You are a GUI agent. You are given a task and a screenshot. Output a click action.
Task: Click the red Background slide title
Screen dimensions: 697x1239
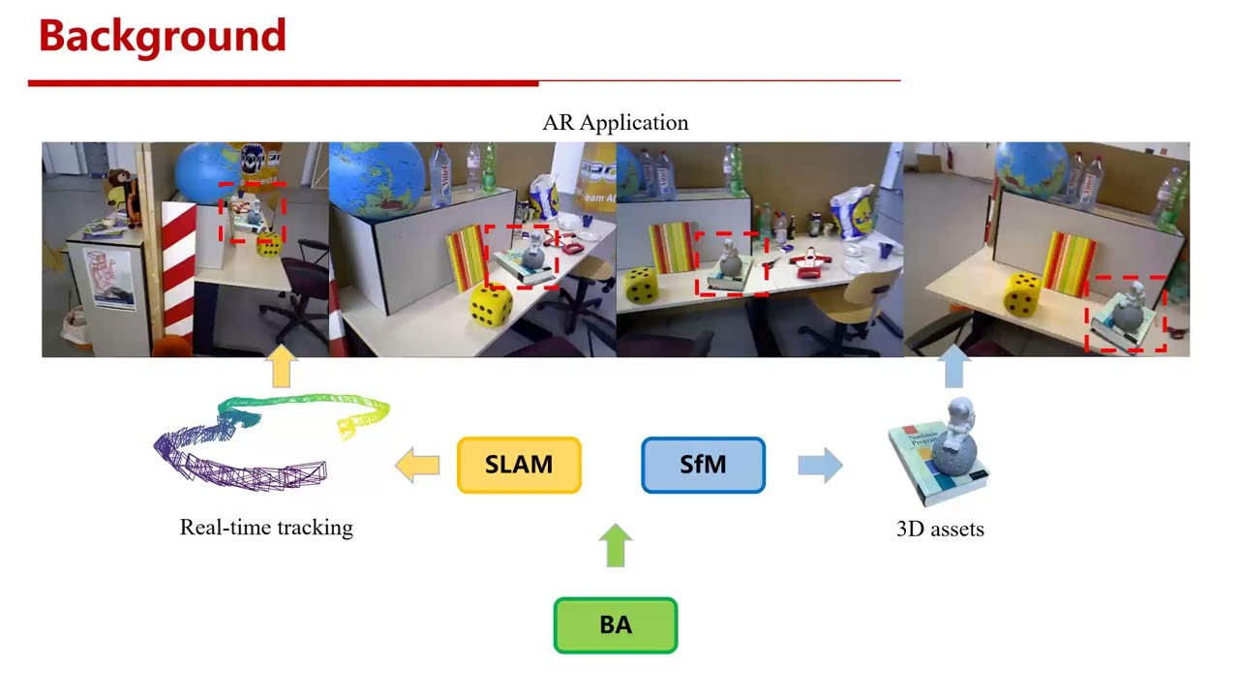(x=162, y=37)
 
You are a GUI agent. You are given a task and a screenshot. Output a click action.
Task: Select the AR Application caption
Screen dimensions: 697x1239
(x=616, y=123)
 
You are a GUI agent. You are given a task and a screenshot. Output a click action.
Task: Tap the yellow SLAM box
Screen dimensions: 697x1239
(x=519, y=465)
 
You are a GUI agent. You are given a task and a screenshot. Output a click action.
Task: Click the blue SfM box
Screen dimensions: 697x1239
(x=703, y=465)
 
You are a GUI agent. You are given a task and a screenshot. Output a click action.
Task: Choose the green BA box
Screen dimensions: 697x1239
(x=616, y=625)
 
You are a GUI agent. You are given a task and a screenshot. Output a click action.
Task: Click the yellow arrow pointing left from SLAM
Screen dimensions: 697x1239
(x=417, y=465)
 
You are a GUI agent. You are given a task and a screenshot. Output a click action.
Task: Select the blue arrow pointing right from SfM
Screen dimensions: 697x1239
(x=819, y=465)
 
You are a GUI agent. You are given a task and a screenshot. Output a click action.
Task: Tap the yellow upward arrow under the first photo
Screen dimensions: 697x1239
(x=281, y=367)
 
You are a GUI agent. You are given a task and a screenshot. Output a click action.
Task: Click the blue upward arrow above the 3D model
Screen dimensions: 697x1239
(x=953, y=368)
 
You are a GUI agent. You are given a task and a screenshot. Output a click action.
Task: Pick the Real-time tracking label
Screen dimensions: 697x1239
(x=266, y=528)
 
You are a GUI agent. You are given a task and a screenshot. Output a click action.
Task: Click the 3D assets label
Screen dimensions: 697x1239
(x=940, y=530)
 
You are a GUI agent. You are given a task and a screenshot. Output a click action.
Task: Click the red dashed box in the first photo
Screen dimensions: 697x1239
(x=252, y=213)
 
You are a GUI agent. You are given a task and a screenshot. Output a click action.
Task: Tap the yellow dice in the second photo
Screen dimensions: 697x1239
(x=491, y=306)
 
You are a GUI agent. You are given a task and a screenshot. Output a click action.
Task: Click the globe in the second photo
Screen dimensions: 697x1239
(x=378, y=179)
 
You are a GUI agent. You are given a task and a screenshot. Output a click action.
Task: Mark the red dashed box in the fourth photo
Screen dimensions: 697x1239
(x=1125, y=314)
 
